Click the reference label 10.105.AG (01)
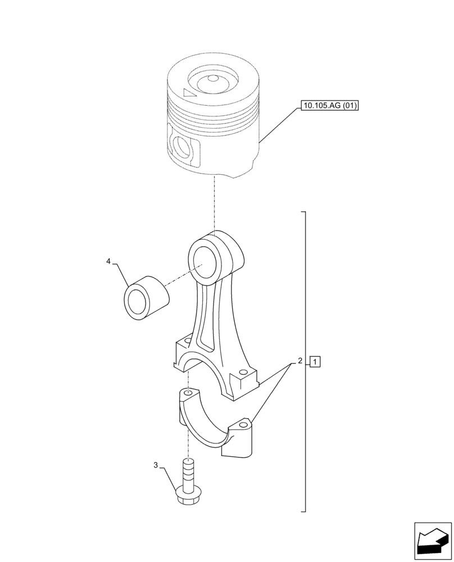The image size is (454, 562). pos(330,105)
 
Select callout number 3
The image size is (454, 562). pos(156,465)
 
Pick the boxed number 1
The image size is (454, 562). pos(315,361)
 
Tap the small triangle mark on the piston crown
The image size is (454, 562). pos(190,94)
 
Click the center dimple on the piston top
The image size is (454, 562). pos(212,79)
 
